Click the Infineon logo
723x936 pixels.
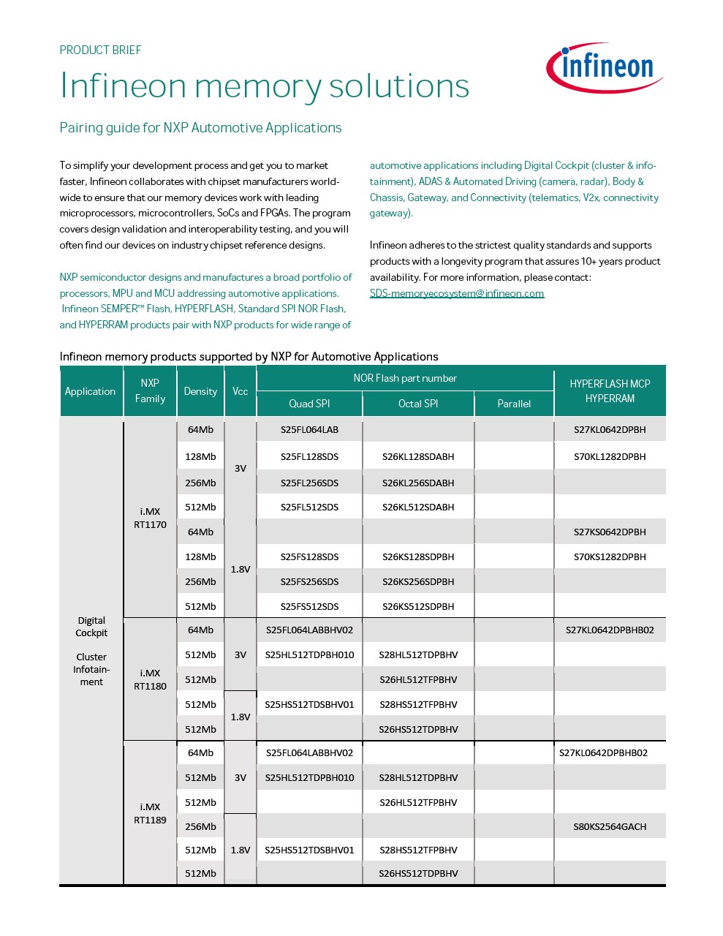click(605, 67)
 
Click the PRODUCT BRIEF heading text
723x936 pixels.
click(100, 50)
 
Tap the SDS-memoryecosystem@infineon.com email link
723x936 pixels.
click(457, 293)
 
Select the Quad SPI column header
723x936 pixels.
click(309, 404)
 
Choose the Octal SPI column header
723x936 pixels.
click(418, 404)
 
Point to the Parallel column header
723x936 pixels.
click(514, 404)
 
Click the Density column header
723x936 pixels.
click(200, 391)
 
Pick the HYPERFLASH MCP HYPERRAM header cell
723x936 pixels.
click(610, 391)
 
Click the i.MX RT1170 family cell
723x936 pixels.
click(150, 518)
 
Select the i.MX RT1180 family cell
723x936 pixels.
click(150, 679)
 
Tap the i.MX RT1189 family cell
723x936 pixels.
click(150, 813)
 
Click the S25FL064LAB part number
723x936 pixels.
click(309, 429)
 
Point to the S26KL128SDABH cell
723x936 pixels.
click(418, 456)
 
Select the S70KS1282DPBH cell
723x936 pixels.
click(610, 556)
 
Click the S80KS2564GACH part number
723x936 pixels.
click(610, 826)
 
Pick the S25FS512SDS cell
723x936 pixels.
click(309, 606)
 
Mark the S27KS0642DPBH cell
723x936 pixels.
click(610, 532)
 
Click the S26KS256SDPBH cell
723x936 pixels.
click(418, 581)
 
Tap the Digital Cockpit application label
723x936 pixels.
click(91, 627)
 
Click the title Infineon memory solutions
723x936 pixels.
click(264, 86)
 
